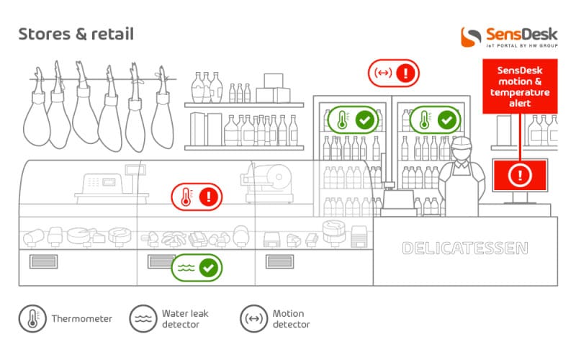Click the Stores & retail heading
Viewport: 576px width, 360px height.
tap(76, 34)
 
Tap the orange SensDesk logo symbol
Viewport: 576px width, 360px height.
tap(471, 37)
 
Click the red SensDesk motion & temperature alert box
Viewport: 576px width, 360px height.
tap(520, 86)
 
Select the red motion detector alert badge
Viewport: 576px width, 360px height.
tap(393, 73)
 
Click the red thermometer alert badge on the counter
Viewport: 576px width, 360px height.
tap(197, 197)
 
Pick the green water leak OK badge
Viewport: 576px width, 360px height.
tap(197, 268)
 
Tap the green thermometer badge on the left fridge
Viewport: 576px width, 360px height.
tap(353, 120)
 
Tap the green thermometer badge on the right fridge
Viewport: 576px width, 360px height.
tap(435, 120)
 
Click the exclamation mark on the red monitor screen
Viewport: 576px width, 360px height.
tap(520, 175)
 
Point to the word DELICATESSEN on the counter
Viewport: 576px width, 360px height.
tap(465, 248)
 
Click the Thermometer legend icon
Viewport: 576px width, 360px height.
tap(32, 318)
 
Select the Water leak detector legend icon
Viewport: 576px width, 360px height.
tap(143, 318)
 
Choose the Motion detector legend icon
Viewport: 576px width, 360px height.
tap(254, 318)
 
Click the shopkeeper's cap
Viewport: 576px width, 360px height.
tap(462, 143)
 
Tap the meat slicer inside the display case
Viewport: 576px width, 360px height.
tap(268, 183)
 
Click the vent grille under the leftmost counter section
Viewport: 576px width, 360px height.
tap(43, 261)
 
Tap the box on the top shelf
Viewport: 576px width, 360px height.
tap(274, 81)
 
